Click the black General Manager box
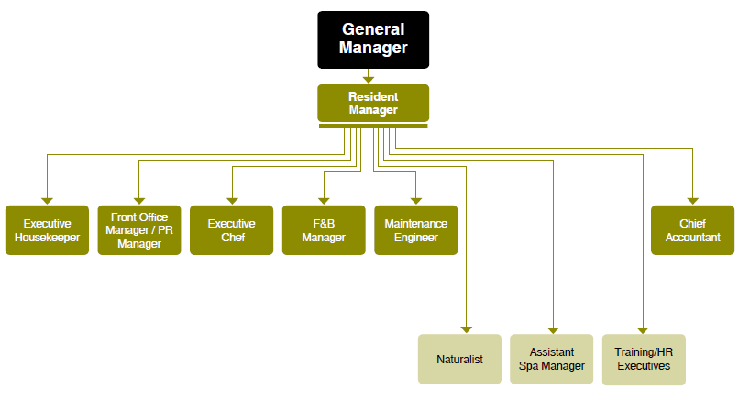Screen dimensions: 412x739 (373, 39)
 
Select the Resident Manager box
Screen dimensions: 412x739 (373, 103)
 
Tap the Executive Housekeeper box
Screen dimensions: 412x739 (48, 230)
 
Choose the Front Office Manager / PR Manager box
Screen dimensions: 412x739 (139, 230)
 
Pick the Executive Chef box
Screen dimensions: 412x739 (232, 230)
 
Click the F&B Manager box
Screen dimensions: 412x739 (324, 230)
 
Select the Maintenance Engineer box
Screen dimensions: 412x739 (416, 230)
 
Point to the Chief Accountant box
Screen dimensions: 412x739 (693, 230)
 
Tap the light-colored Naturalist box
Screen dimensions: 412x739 (460, 359)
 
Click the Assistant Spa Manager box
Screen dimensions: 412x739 (552, 359)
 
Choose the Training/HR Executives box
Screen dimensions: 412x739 (644, 359)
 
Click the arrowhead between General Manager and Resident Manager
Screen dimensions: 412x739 (369, 79)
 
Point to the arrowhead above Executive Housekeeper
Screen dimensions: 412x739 (48, 200)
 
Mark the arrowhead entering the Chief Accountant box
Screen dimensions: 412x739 (693, 200)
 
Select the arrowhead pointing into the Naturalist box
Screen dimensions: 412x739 (467, 328)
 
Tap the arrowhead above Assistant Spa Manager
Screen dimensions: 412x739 (553, 328)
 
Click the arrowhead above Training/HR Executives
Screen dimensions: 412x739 (644, 328)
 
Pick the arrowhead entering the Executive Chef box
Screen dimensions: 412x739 (232, 200)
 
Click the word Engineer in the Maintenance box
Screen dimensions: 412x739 (416, 238)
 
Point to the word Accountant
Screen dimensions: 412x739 (693, 238)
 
